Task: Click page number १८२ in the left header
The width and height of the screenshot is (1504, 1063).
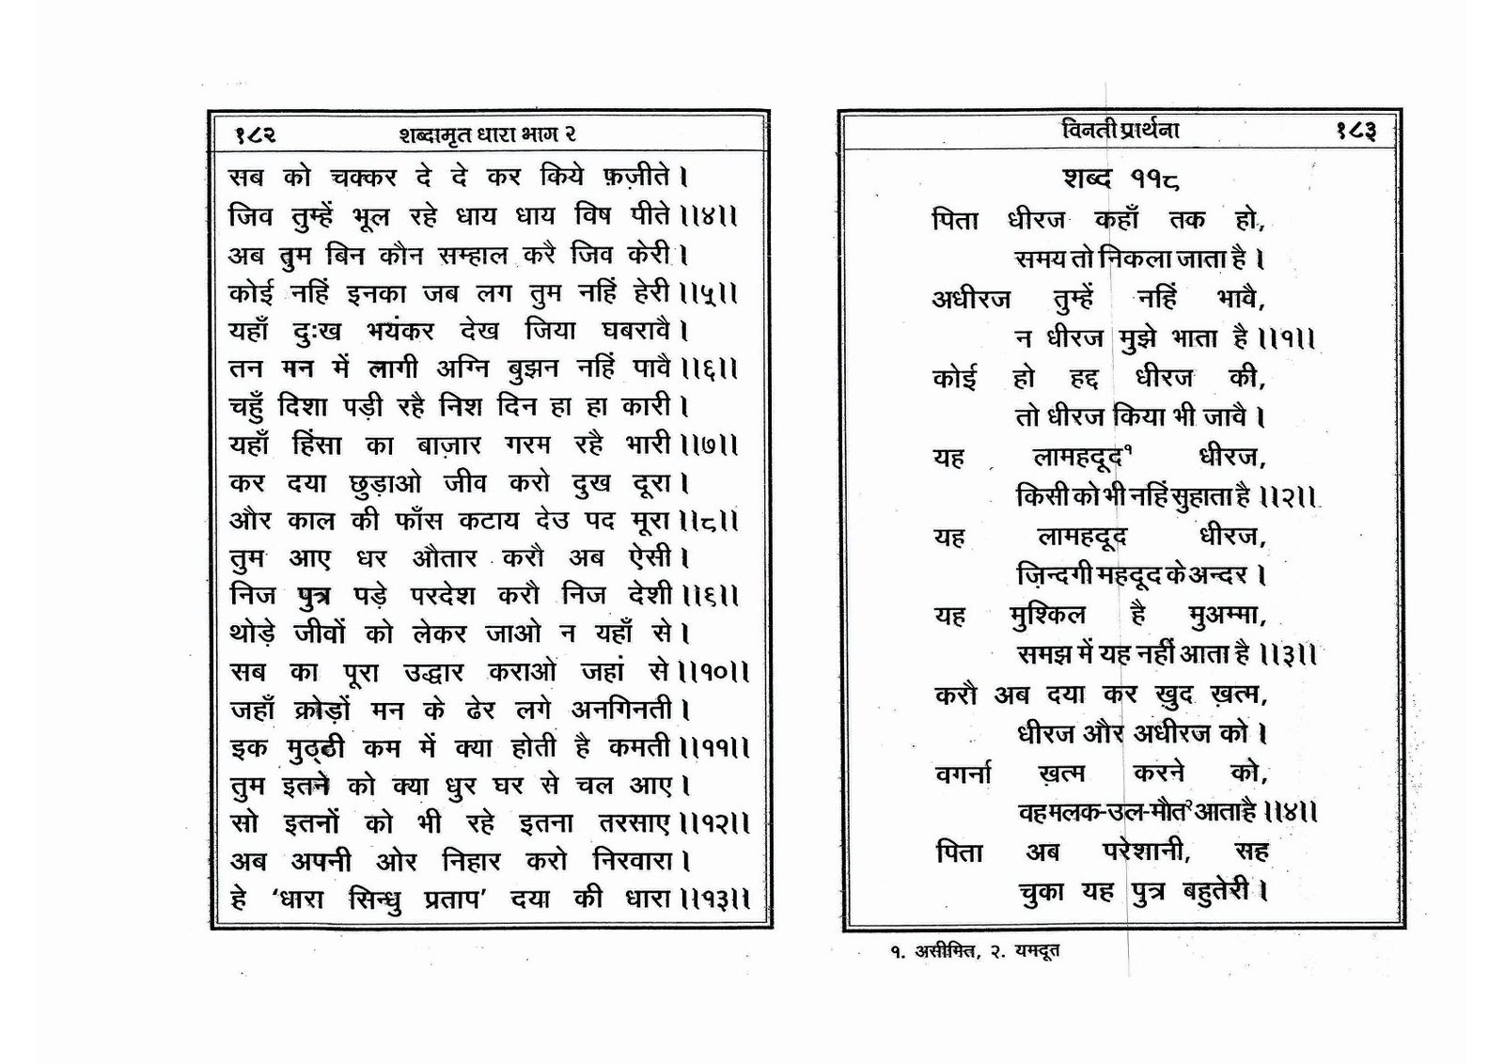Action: [255, 134]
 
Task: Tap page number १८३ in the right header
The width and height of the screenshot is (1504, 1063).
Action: [1355, 132]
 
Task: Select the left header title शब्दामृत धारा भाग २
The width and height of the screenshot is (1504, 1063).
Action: [488, 134]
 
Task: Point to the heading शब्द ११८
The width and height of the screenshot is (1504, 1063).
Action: [1122, 178]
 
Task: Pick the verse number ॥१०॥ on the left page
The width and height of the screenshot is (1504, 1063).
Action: [712, 673]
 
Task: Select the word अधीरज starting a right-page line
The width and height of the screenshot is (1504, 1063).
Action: [972, 299]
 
